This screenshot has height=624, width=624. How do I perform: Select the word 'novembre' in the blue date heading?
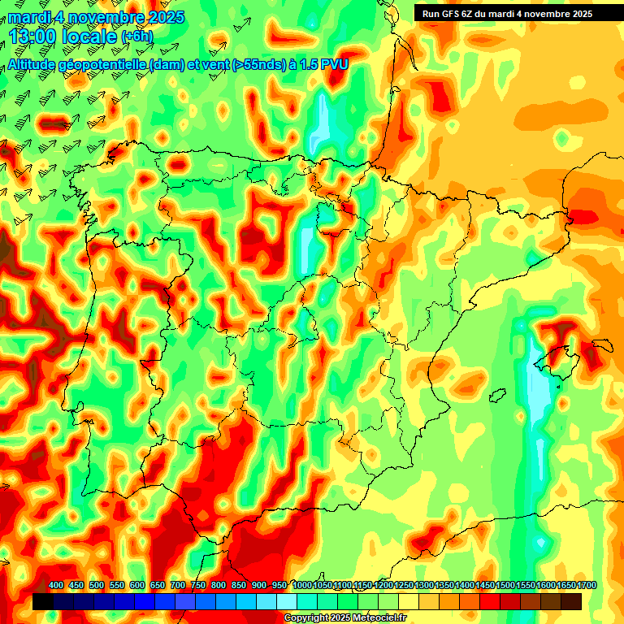pos(105,17)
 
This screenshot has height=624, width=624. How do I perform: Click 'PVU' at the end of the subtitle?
pos(335,64)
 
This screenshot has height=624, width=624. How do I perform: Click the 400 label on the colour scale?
pos(56,585)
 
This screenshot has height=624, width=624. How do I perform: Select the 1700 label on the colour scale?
pos(565,585)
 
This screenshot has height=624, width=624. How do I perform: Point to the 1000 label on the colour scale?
pos(301,585)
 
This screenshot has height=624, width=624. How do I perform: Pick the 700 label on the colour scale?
pos(178,585)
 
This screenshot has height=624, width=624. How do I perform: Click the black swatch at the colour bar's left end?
pos(43,602)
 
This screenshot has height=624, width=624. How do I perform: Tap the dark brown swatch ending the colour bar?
pos(570,602)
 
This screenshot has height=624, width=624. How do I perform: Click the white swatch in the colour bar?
pos(287,602)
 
